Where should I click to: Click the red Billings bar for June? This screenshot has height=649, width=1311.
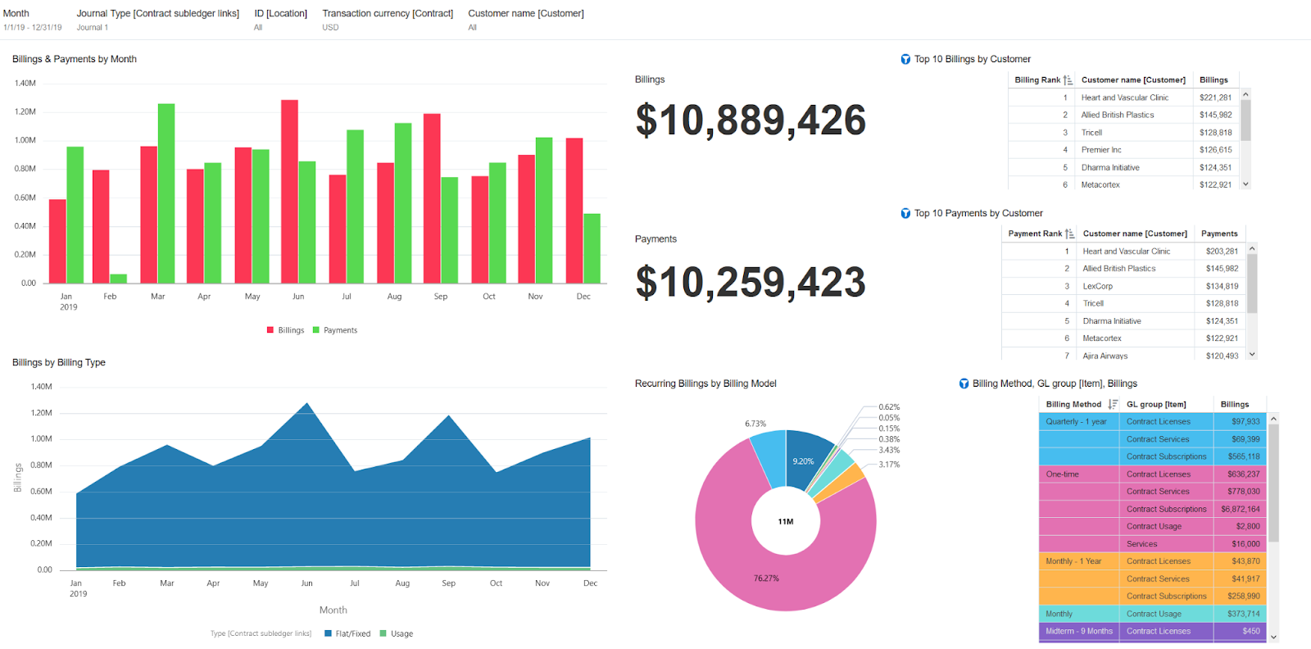[289, 192]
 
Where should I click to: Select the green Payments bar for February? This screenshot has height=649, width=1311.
[118, 279]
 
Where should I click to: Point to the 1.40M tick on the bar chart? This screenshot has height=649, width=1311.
[25, 84]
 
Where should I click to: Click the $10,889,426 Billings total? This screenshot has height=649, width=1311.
[751, 120]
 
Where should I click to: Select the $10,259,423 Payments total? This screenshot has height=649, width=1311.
[751, 283]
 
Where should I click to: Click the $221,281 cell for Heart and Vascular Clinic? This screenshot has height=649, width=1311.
[1215, 98]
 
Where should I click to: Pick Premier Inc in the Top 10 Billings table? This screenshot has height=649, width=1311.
[1101, 150]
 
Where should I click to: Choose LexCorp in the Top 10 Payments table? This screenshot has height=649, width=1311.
[1098, 286]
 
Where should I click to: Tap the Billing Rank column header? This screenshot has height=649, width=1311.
[1038, 80]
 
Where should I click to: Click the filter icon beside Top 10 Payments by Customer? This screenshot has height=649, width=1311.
[905, 213]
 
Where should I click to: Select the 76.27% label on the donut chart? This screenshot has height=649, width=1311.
[766, 579]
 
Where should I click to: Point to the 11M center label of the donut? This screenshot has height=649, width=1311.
[786, 521]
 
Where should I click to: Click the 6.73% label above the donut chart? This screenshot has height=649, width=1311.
[755, 424]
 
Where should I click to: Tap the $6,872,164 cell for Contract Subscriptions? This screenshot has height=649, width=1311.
[1241, 509]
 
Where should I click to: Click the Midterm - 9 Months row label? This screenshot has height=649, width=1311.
[1079, 631]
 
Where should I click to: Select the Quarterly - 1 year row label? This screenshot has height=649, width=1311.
[1076, 421]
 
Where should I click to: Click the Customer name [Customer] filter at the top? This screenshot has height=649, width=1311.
[526, 14]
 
